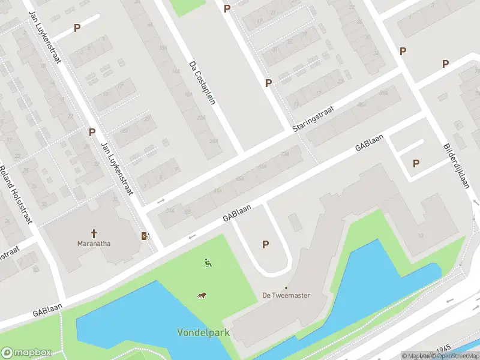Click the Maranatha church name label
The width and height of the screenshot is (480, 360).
pos(94,244)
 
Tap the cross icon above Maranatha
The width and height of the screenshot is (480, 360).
pos(94,233)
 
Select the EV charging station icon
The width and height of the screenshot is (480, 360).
pos(144,236)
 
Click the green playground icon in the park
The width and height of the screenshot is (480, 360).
pos(208,262)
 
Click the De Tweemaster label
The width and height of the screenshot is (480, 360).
pos(286,295)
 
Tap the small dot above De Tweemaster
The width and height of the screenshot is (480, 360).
pos(286,287)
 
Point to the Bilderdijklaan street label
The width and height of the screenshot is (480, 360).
pos(455,166)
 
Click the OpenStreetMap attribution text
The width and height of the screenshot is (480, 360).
pos(457,356)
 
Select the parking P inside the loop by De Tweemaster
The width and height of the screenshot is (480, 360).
pos(265,244)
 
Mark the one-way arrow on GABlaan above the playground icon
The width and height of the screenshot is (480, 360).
pos(192,236)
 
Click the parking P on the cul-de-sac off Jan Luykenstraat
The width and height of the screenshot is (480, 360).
pos(76,28)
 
